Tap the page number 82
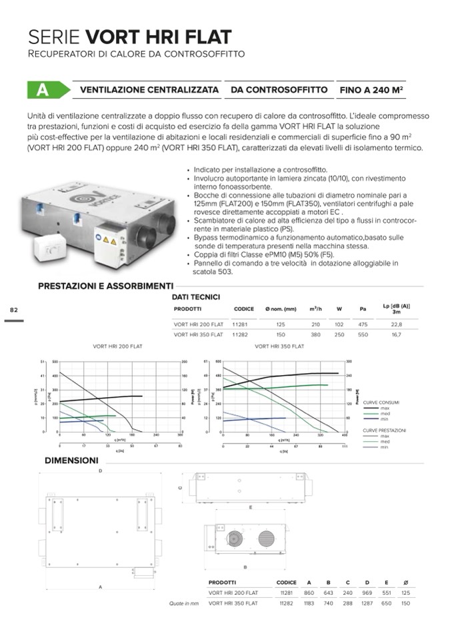(13, 310)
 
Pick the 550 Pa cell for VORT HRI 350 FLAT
(363, 334)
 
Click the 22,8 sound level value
(396, 324)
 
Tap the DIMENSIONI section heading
(71, 460)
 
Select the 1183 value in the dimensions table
(309, 603)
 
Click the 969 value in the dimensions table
(367, 593)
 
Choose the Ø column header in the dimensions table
(406, 582)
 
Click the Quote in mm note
(184, 603)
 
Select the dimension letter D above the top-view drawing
(101, 471)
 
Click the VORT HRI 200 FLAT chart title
(117, 346)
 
